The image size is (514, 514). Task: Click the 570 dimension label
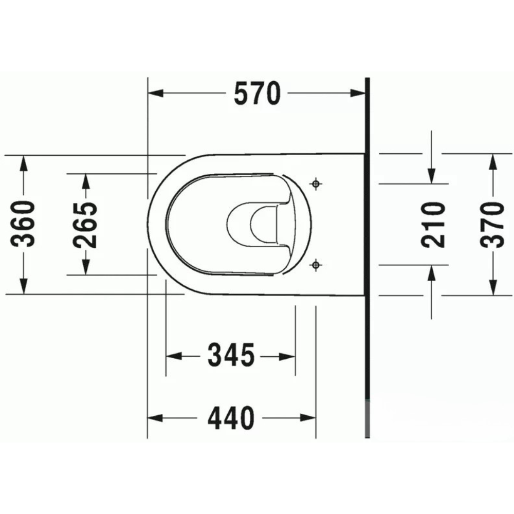(258, 94)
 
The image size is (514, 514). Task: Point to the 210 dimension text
(432, 224)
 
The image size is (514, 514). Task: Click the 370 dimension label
(492, 224)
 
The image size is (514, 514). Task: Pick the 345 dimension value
(231, 355)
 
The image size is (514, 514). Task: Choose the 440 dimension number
(231, 417)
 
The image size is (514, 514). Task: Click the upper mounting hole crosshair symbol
(316, 183)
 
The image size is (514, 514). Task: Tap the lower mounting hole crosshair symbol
(316, 265)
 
